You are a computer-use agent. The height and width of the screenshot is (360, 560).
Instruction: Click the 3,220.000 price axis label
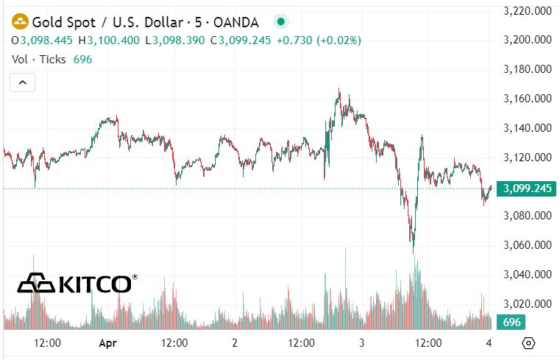(528, 11)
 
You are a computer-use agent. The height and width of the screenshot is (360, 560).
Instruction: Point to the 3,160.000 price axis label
(528, 99)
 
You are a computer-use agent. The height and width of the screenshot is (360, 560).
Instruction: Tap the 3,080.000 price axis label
(528, 216)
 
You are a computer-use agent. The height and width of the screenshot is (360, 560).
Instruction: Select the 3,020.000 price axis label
(528, 303)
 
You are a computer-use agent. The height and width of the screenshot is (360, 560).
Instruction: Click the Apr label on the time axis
(108, 342)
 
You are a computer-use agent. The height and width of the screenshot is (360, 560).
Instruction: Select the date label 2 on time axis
(235, 342)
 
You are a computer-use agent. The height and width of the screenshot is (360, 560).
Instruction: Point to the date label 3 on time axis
(362, 342)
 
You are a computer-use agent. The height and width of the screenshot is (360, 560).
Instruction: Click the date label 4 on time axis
(489, 342)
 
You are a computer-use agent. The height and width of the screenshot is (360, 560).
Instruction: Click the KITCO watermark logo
(77, 283)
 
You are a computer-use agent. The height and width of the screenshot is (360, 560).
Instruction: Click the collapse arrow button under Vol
(22, 82)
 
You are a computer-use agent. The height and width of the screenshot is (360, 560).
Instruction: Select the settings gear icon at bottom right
(528, 343)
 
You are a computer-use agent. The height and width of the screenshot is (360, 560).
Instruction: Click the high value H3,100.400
(109, 40)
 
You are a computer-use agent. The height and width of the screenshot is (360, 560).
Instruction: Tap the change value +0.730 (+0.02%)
(319, 40)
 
